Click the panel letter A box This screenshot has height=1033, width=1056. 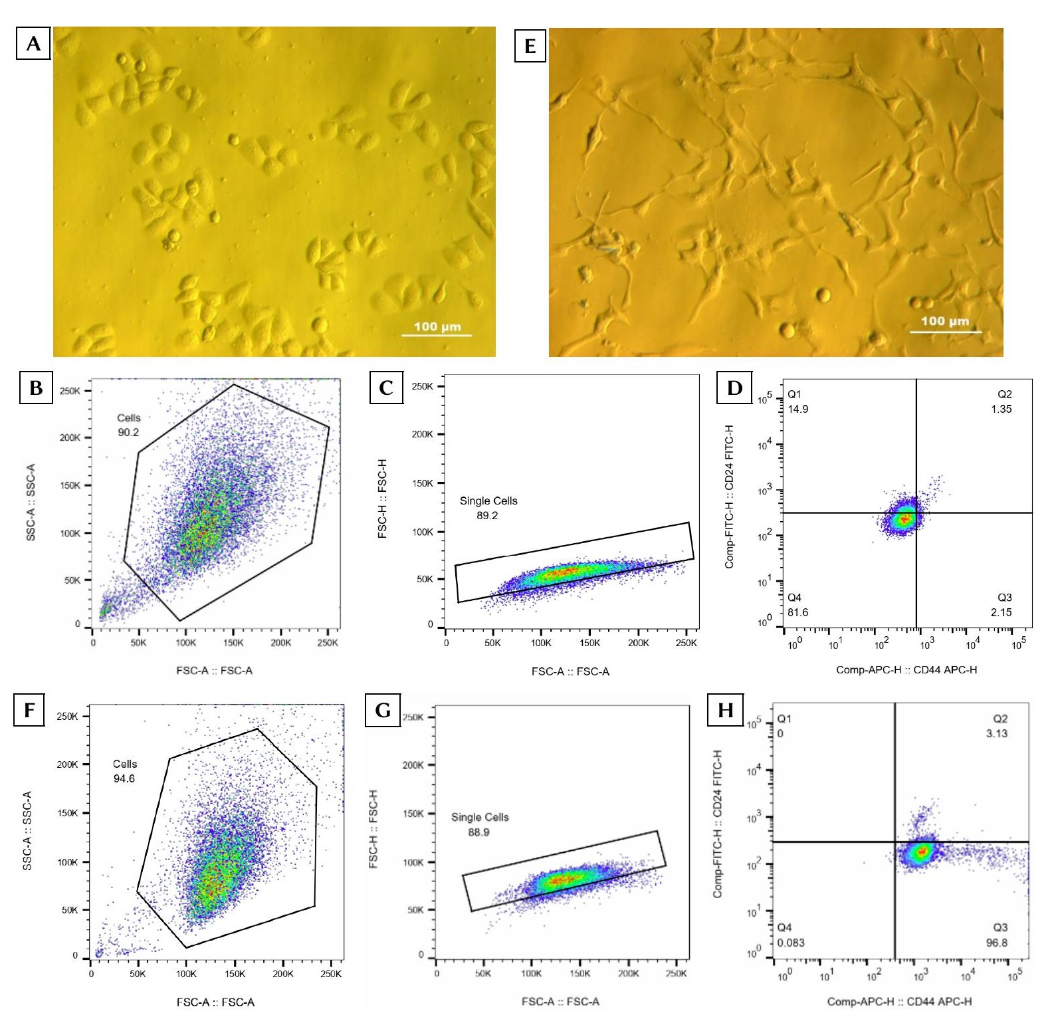[x=33, y=44]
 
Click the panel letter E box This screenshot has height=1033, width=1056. [x=530, y=46]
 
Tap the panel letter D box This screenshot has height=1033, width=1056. [x=734, y=388]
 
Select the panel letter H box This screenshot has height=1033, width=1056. [x=725, y=710]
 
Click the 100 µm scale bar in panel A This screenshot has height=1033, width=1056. [x=437, y=334]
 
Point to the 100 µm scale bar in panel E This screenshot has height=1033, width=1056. [x=944, y=330]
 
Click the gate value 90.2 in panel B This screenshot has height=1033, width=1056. [x=128, y=432]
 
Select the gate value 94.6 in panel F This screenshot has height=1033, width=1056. [x=124, y=778]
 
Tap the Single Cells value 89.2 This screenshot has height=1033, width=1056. [x=487, y=515]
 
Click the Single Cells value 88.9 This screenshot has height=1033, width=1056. [x=478, y=832]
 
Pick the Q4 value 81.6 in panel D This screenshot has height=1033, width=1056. [x=797, y=612]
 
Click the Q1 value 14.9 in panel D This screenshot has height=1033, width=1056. [x=797, y=409]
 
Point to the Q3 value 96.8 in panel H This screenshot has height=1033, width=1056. [x=996, y=943]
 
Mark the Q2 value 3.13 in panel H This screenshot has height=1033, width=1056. [x=996, y=733]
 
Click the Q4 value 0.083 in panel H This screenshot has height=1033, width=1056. [x=791, y=943]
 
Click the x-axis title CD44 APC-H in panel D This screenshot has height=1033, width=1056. [x=906, y=669]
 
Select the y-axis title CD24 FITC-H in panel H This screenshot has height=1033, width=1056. [x=717, y=824]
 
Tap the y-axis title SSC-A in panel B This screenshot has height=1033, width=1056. [x=31, y=502]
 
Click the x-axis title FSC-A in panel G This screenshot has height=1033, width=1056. [x=560, y=1001]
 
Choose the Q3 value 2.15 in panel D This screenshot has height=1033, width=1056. [x=1001, y=612]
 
